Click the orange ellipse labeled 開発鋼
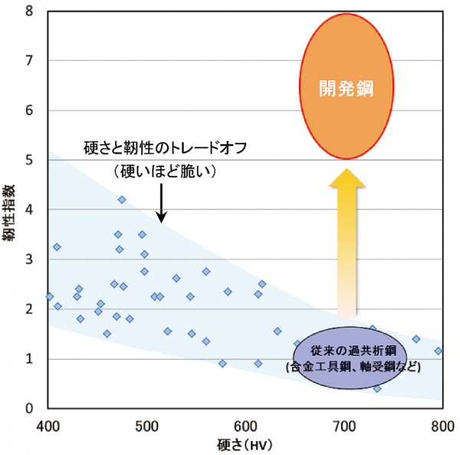[345, 88]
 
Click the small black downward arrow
[161, 203]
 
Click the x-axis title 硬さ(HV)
[245, 443]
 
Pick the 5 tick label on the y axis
[29, 160]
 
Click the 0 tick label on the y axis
[29, 408]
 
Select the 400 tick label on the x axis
[48, 424]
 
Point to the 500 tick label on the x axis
[146, 424]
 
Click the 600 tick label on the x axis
[245, 424]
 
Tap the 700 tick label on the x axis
[343, 424]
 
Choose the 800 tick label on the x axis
[441, 424]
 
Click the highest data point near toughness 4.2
[122, 199]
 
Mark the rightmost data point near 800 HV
[438, 351]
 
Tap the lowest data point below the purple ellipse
[377, 388]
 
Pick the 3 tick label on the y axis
[29, 259]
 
